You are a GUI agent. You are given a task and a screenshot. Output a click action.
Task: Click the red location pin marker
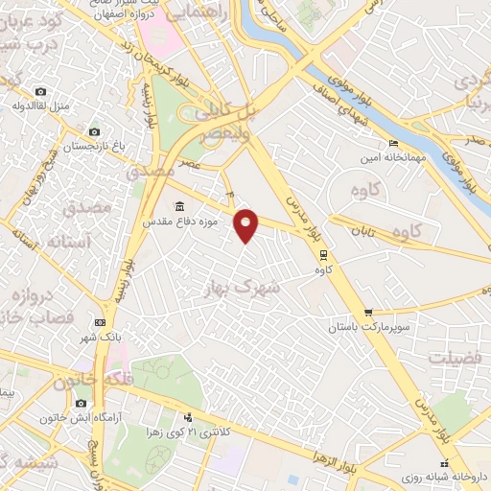(x=247, y=226)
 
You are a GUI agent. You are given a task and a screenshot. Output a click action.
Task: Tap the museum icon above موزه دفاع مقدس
(x=180, y=206)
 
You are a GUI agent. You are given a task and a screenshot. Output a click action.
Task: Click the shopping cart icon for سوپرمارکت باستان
(x=368, y=313)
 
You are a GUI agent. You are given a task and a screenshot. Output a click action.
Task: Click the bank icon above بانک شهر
(x=99, y=323)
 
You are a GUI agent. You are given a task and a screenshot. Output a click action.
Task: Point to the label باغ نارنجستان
(x=93, y=148)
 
